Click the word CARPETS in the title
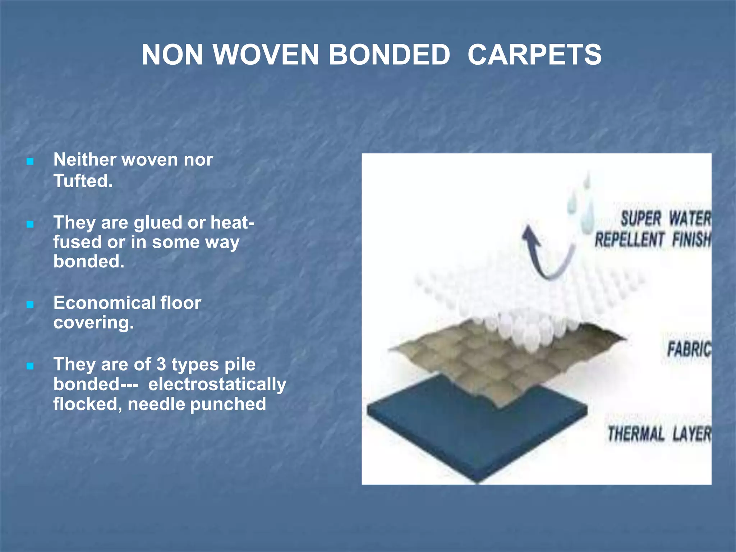click(x=534, y=55)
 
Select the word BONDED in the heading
click(x=389, y=55)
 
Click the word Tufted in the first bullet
click(x=82, y=180)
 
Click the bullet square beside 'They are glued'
click(x=30, y=225)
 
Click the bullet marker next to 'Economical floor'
click(x=30, y=305)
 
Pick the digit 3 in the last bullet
click(x=161, y=364)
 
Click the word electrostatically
click(x=217, y=384)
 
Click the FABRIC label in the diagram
click(x=688, y=349)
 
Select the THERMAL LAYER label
click(x=659, y=433)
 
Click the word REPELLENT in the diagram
click(x=629, y=240)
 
